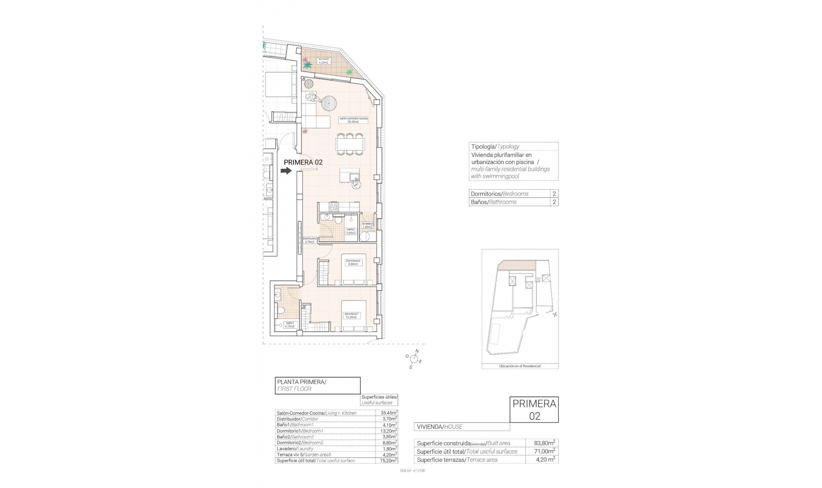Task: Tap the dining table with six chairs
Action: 350,143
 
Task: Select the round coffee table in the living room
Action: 329,103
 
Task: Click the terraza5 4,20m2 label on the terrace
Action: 323,61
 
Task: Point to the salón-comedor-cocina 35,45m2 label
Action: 353,120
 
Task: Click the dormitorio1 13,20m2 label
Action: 352,316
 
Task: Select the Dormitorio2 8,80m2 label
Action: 353,262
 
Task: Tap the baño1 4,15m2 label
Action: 289,325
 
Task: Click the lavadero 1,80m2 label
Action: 367,225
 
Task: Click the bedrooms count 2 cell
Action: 554,193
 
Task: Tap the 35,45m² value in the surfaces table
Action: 387,413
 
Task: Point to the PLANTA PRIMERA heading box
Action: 317,385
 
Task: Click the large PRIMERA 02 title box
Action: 534,410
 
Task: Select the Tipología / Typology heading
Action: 495,146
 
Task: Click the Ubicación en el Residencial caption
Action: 520,366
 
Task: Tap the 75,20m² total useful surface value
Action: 387,461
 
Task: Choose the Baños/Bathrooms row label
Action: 493,202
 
